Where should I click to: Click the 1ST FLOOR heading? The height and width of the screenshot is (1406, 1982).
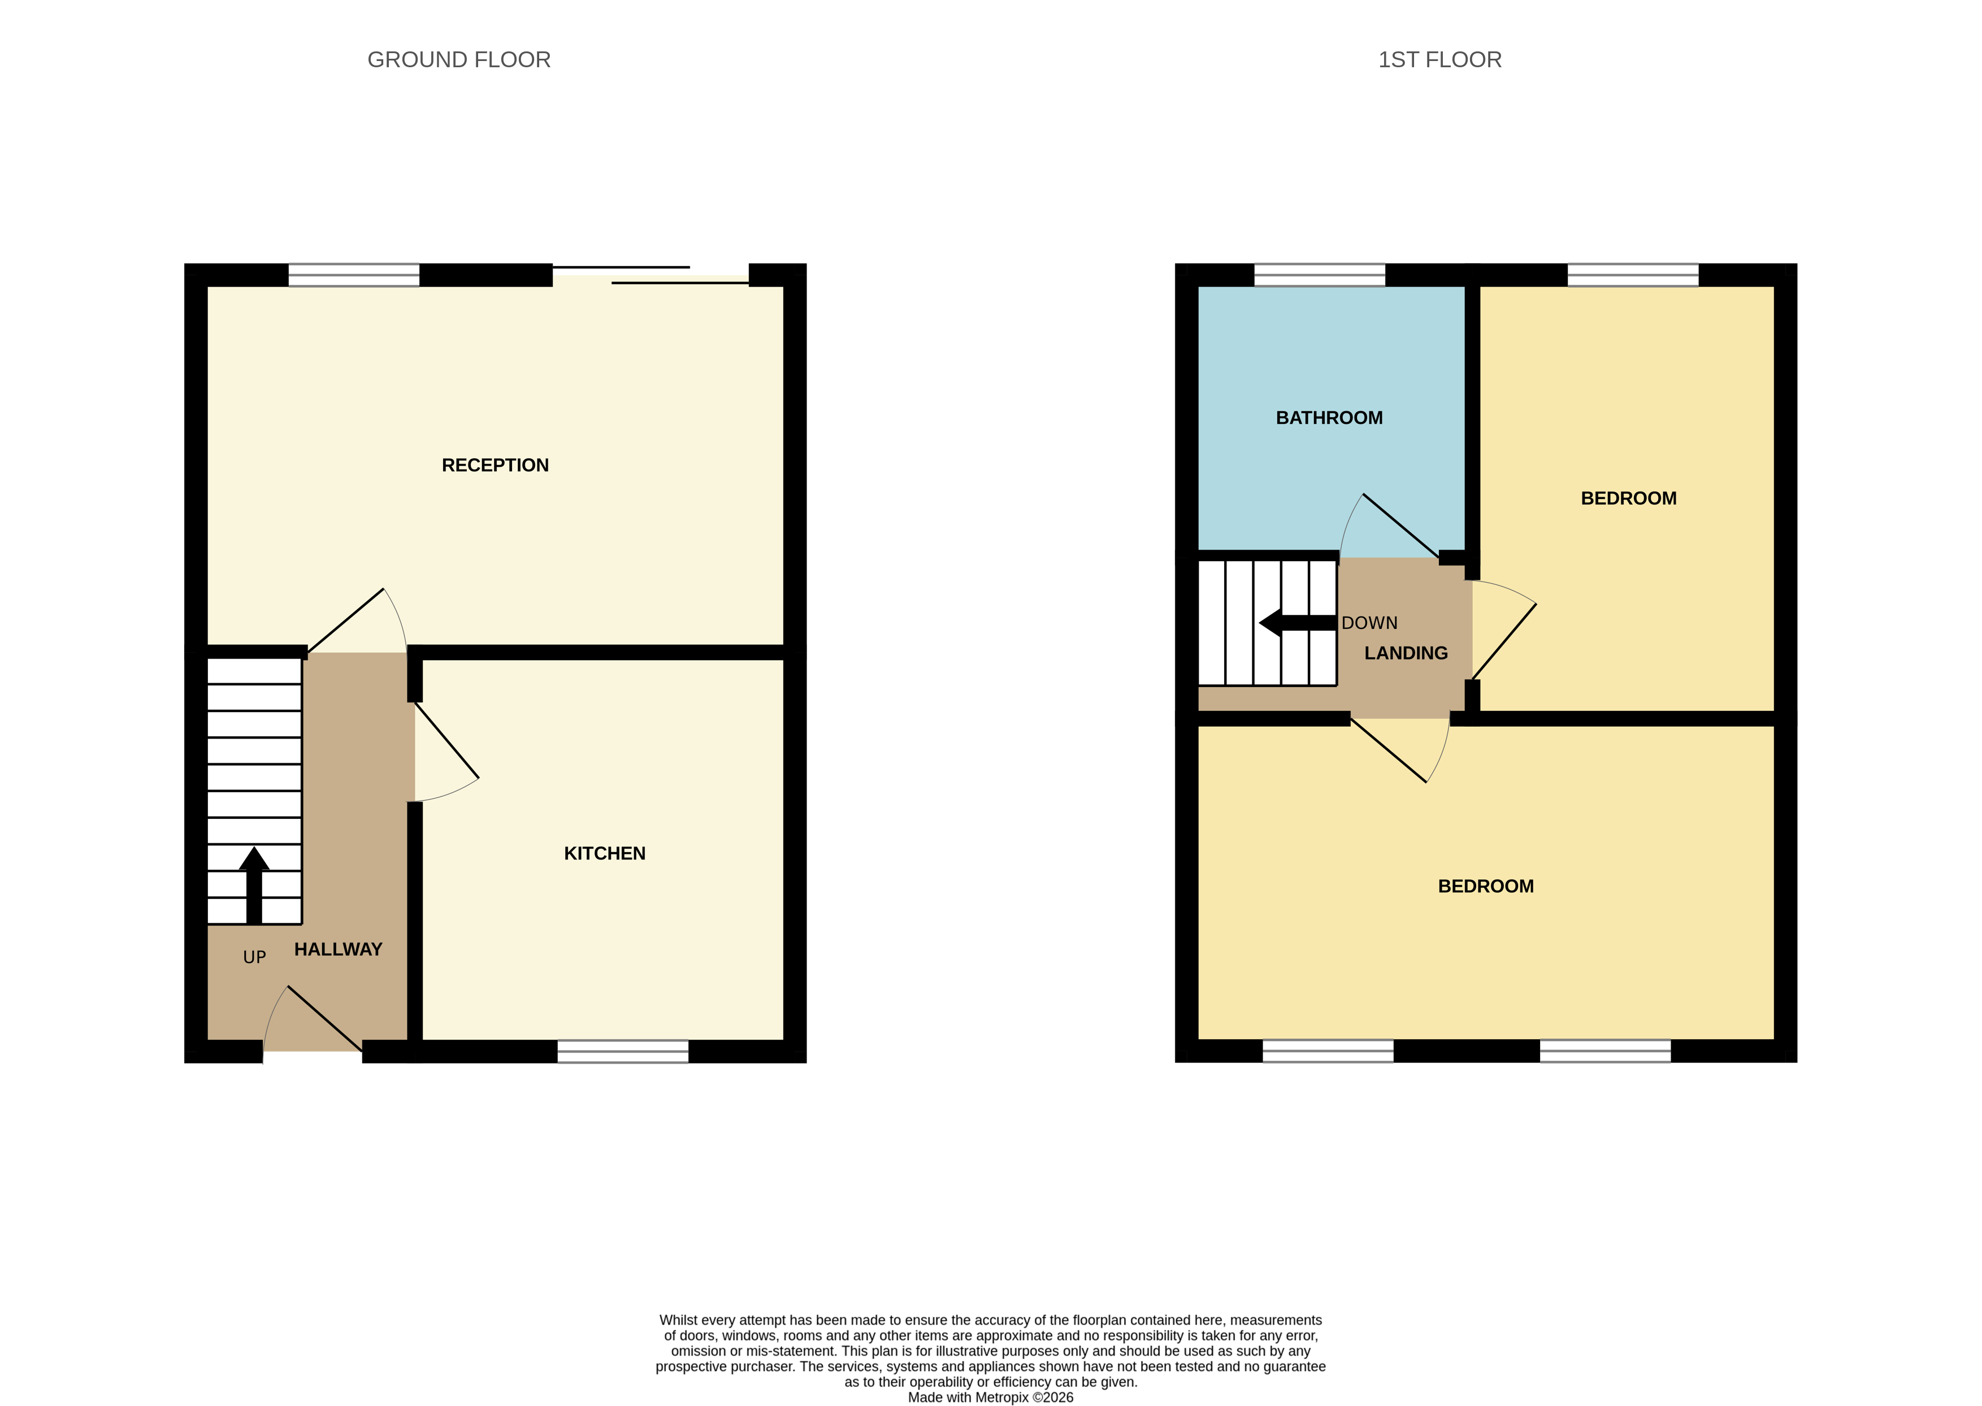1439,60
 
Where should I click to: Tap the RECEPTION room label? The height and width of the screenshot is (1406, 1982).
495,466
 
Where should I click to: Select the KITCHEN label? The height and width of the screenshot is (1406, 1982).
604,854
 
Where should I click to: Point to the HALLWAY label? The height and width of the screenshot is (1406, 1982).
338,950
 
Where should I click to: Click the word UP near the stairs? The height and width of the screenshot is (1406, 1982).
254,957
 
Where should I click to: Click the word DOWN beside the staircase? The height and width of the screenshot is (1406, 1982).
1369,623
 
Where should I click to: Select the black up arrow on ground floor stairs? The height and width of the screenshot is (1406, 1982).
254,883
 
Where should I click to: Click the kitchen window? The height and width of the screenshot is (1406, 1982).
623,1051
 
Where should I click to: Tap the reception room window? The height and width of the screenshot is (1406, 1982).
353,275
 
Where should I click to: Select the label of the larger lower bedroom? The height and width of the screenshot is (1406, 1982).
1485,887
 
